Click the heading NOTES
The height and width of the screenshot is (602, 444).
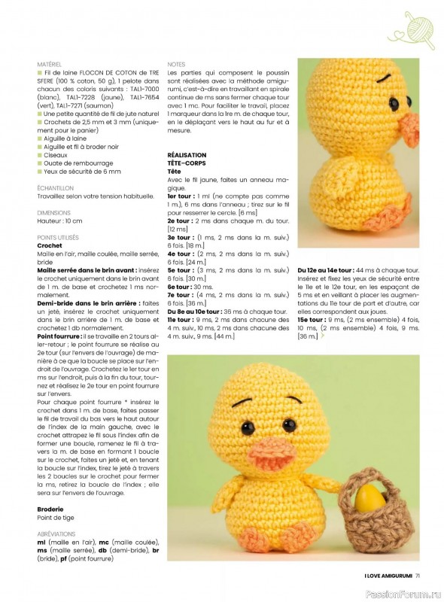click(x=175, y=65)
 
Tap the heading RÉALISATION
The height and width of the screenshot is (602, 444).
click(x=187, y=154)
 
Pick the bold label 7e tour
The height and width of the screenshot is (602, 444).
click(x=179, y=295)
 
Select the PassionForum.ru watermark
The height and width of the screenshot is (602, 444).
click(x=398, y=591)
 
